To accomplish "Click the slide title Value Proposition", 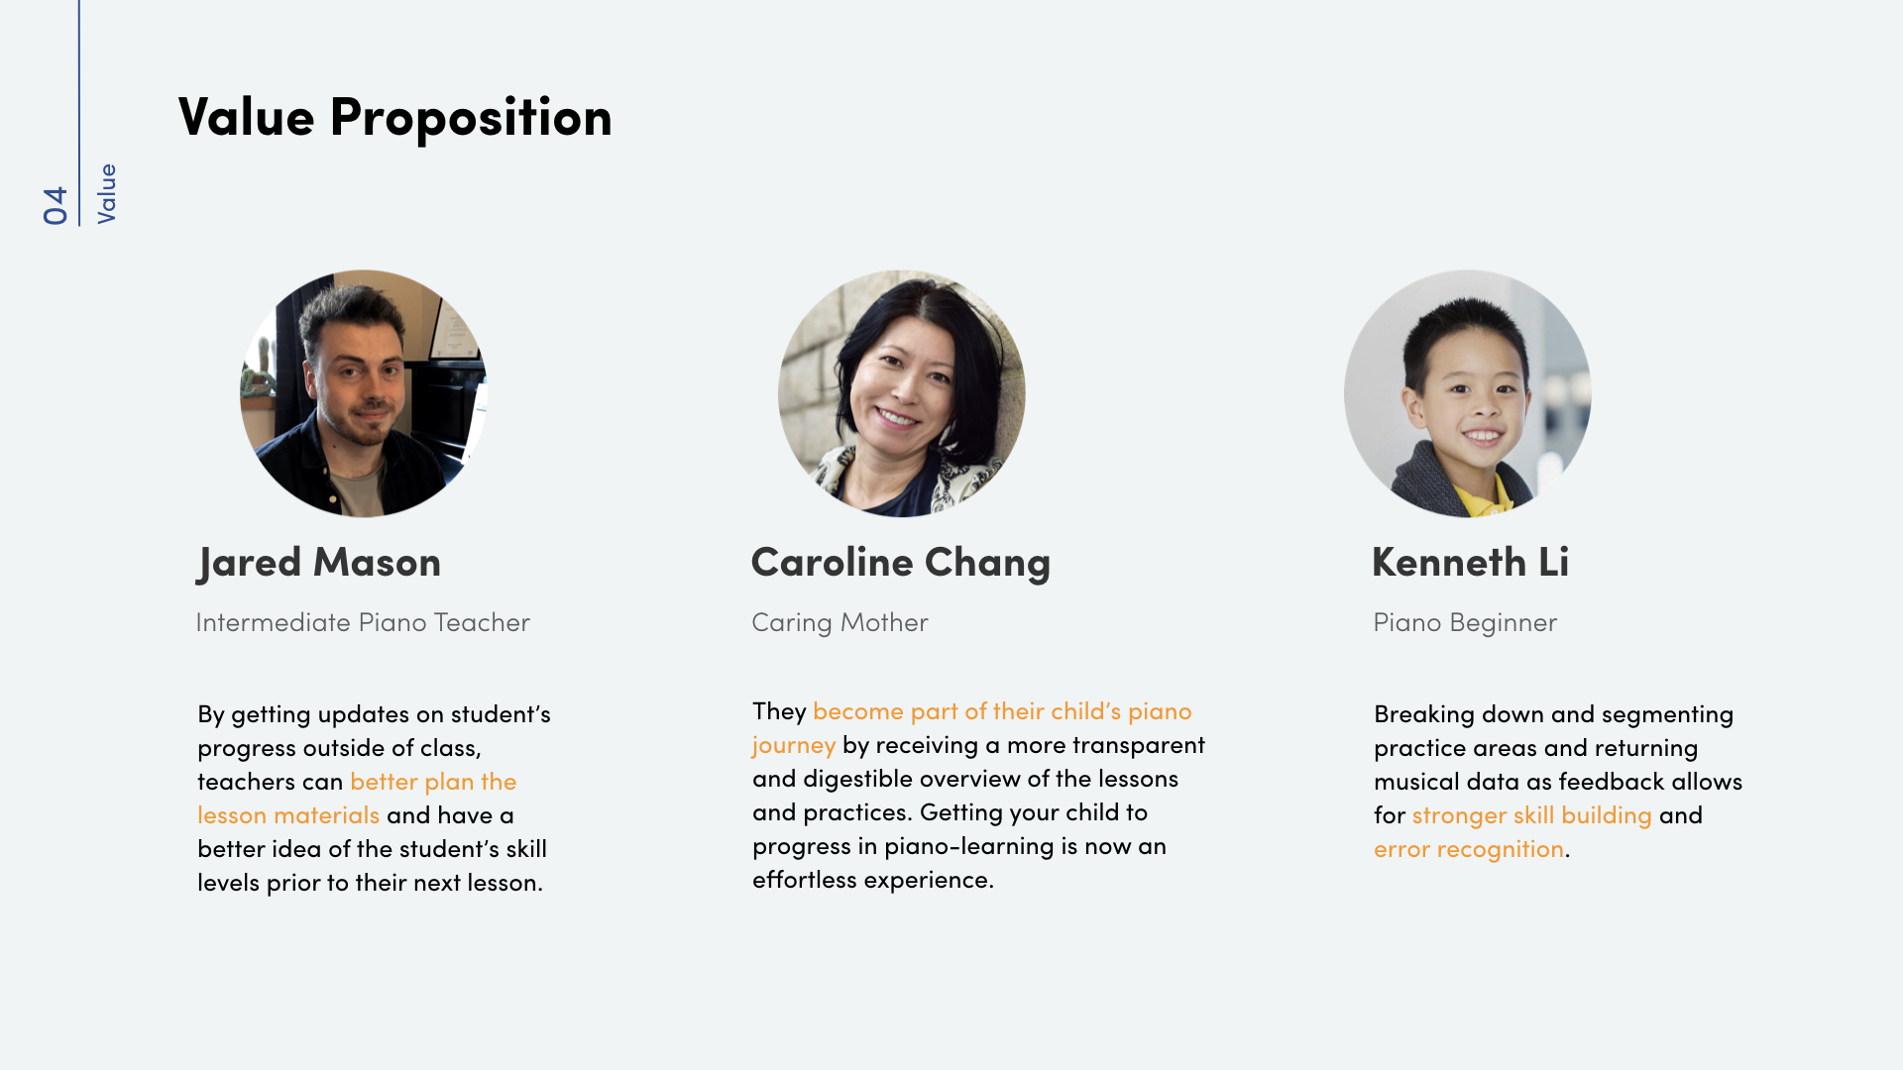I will (394, 117).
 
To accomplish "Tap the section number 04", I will (56, 205).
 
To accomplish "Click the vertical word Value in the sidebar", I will (106, 194).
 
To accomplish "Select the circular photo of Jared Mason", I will (364, 393).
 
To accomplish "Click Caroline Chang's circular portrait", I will (901, 393).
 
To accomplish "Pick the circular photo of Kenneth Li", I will (1467, 393).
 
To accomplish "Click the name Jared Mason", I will (318, 563).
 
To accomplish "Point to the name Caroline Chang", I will (900, 563).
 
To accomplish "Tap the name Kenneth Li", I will (1470, 563).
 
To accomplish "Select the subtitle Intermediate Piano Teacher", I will (363, 622).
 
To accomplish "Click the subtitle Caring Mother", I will (840, 622).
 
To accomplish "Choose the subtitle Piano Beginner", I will (1465, 622).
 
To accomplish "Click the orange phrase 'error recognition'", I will (1468, 849).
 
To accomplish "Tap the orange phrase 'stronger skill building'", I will (1531, 815).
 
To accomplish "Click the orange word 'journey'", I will (793, 745).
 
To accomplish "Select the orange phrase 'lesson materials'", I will (288, 815).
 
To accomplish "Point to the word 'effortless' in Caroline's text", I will (804, 880).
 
